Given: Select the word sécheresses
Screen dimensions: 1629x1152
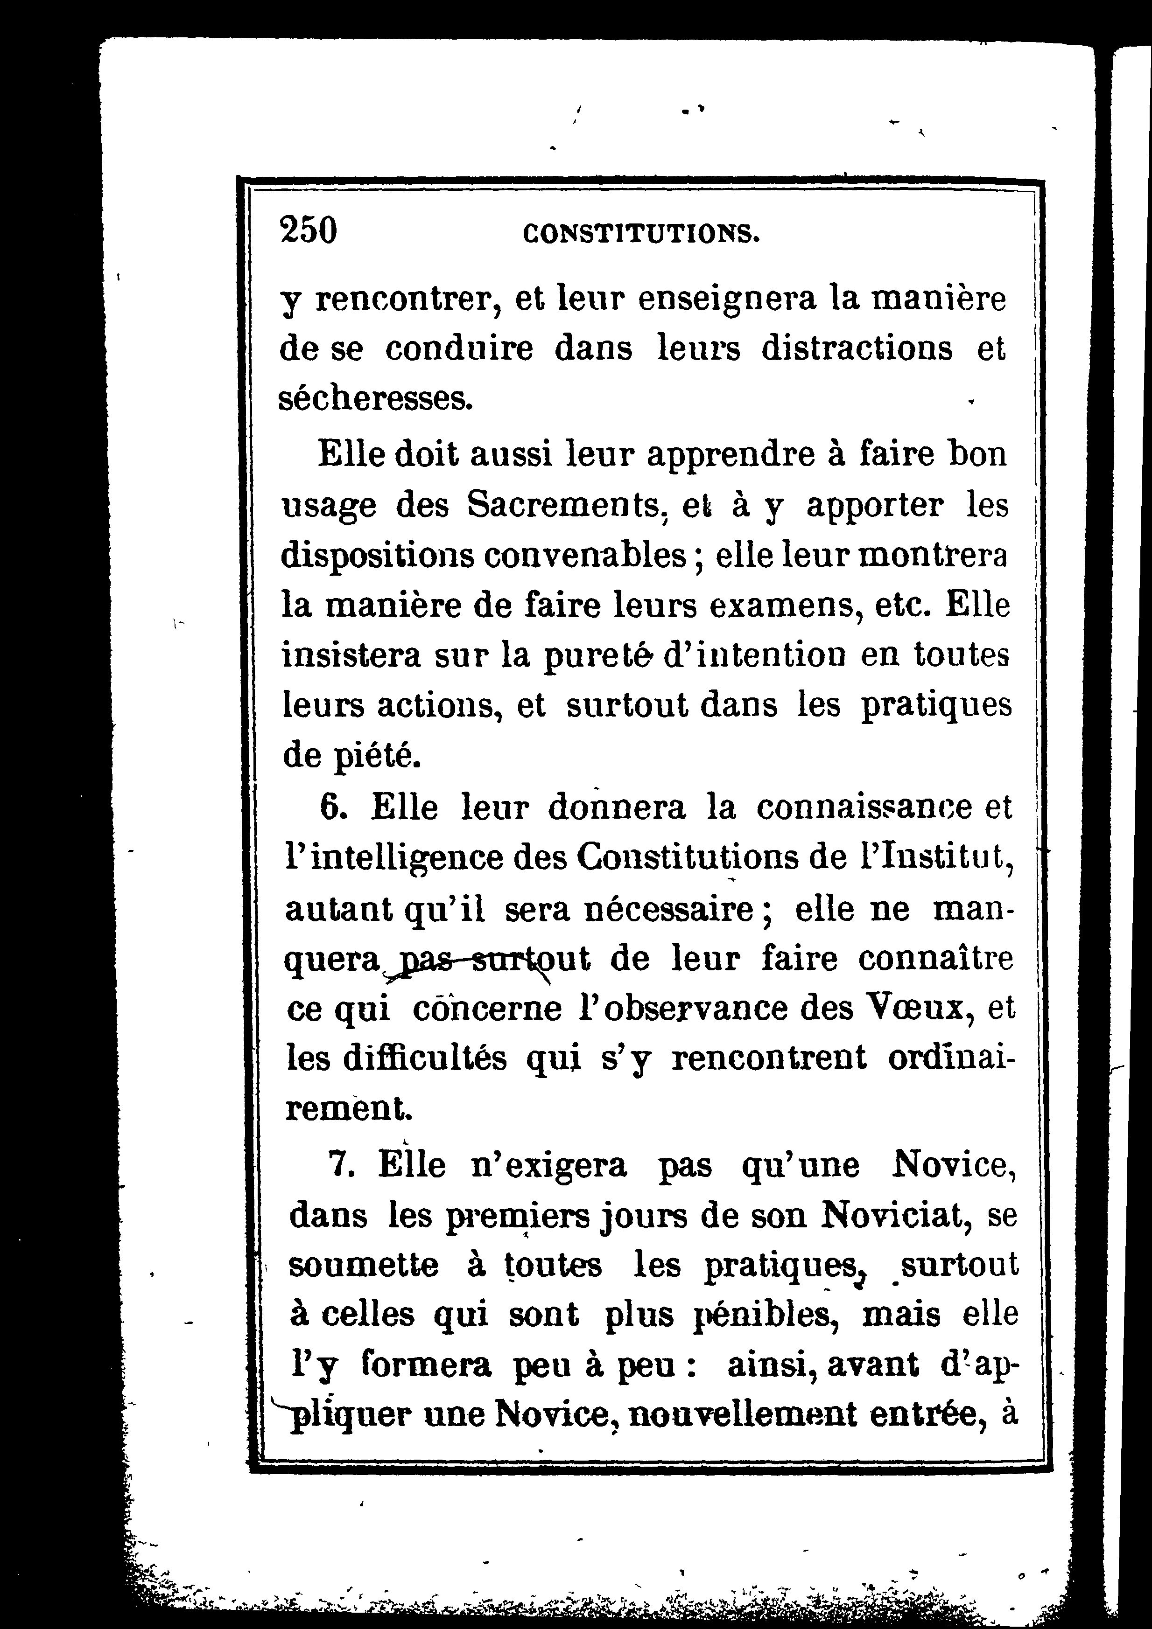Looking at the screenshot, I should [x=375, y=399].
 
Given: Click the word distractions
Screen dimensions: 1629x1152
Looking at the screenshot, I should [x=857, y=349].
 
